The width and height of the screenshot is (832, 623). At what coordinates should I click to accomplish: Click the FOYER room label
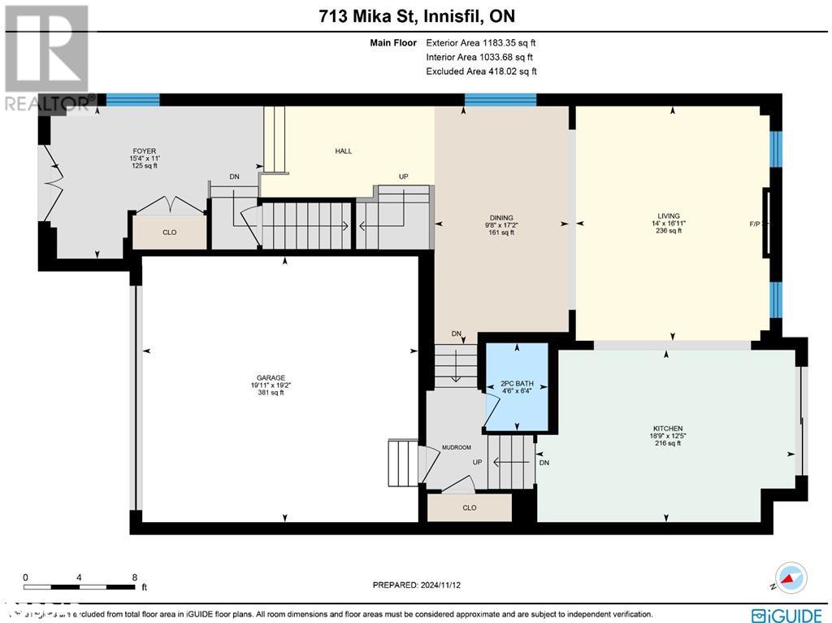pyautogui.click(x=145, y=151)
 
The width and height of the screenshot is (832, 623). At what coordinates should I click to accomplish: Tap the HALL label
pyautogui.click(x=344, y=151)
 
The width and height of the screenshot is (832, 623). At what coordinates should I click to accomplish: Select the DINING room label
pyautogui.click(x=501, y=218)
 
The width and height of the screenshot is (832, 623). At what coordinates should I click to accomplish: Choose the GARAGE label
pyautogui.click(x=271, y=378)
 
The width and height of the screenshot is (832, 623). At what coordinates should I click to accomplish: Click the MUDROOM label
pyautogui.click(x=457, y=447)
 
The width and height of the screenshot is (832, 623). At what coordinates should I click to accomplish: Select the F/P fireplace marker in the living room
pyautogui.click(x=755, y=224)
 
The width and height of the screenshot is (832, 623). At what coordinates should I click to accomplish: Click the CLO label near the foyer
pyautogui.click(x=169, y=233)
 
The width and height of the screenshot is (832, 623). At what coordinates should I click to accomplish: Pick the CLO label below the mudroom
pyautogui.click(x=469, y=508)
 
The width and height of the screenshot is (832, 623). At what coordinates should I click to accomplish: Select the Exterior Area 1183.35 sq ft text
pyautogui.click(x=481, y=42)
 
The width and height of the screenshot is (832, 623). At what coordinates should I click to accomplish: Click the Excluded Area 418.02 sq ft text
pyautogui.click(x=481, y=72)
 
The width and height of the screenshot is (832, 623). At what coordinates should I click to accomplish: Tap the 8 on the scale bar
pyautogui.click(x=134, y=577)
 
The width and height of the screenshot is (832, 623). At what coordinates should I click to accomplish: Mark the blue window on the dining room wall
pyautogui.click(x=500, y=100)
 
